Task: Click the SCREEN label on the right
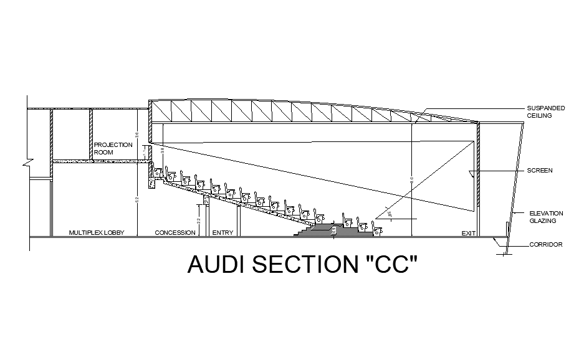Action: pyautogui.click(x=539, y=171)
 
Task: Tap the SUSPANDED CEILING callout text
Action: pyautogui.click(x=546, y=111)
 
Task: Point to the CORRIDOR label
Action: pyautogui.click(x=546, y=245)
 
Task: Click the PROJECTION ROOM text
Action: pyautogui.click(x=113, y=148)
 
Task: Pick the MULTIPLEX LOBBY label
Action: pyautogui.click(x=97, y=233)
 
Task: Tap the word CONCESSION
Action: pyautogui.click(x=175, y=233)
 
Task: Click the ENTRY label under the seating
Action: pyautogui.click(x=223, y=233)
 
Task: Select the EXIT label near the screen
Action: pyautogui.click(x=469, y=234)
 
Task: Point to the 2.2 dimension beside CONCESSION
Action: pyautogui.click(x=198, y=220)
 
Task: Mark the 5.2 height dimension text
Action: pyautogui.click(x=137, y=199)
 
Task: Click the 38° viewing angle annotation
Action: pyautogui.click(x=389, y=214)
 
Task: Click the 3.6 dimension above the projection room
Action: pyautogui.click(x=137, y=135)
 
